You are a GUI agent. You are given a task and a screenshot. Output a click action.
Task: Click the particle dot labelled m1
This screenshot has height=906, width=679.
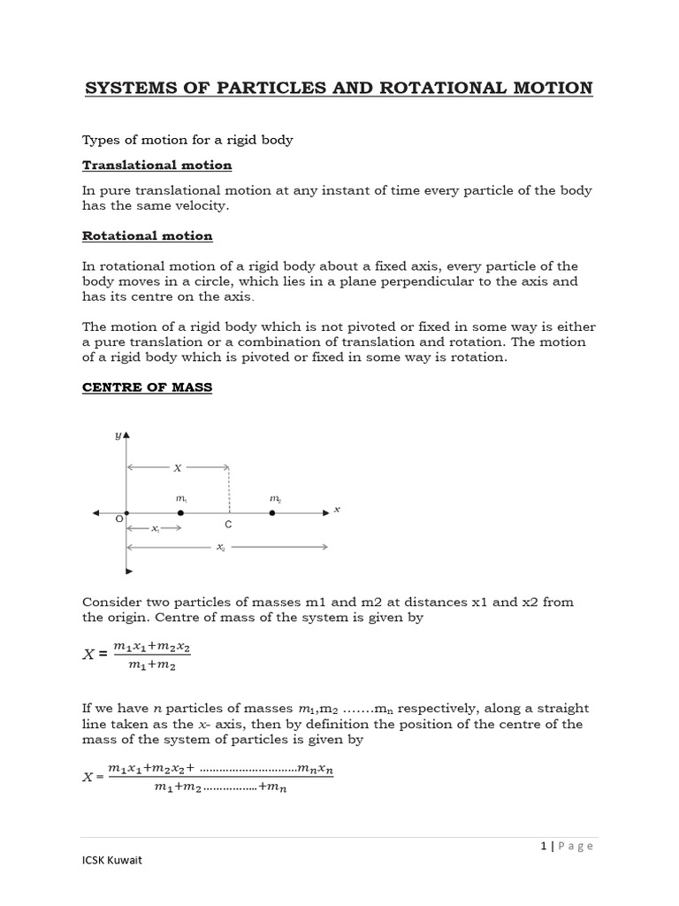[180, 513]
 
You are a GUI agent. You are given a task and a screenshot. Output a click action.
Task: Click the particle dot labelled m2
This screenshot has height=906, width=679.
[272, 513]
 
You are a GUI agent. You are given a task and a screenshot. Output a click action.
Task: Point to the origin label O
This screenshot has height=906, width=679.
[118, 520]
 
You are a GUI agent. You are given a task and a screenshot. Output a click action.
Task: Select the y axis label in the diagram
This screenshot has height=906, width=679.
[117, 436]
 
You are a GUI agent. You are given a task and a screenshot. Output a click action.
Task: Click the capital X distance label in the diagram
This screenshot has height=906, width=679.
[177, 468]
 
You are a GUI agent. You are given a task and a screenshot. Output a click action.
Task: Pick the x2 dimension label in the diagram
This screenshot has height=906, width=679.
[220, 548]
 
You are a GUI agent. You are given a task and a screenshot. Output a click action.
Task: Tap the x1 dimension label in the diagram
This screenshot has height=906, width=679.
[155, 529]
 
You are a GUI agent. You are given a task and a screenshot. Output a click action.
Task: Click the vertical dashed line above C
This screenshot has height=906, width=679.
[230, 488]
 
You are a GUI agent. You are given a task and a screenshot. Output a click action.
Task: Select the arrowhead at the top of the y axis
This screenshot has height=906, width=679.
[126, 436]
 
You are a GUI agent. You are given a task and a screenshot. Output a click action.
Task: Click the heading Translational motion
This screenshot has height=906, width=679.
[156, 165]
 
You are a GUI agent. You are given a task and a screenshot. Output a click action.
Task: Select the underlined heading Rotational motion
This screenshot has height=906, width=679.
[147, 236]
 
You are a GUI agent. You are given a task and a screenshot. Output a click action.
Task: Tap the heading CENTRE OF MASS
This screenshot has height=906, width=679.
[147, 388]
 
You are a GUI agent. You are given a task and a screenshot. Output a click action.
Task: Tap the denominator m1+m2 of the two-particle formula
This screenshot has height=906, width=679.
[152, 666]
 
